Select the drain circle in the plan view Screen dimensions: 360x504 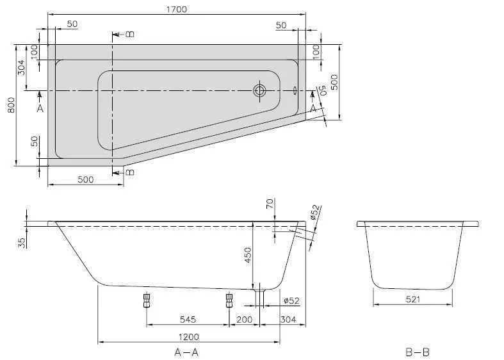pos(260,90)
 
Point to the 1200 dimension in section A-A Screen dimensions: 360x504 pos(188,337)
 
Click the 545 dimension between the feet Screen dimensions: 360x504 pos(187,318)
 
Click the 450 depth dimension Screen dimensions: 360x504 pos(248,254)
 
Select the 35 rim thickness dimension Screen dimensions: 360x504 pos(22,242)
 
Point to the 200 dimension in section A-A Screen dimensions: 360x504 pos(243,318)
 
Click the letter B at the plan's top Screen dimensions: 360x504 pos(129,34)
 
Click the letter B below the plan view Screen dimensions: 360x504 pos(129,172)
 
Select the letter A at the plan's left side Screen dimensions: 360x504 pos(40,108)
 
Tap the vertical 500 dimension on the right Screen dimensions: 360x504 pos(334,81)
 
